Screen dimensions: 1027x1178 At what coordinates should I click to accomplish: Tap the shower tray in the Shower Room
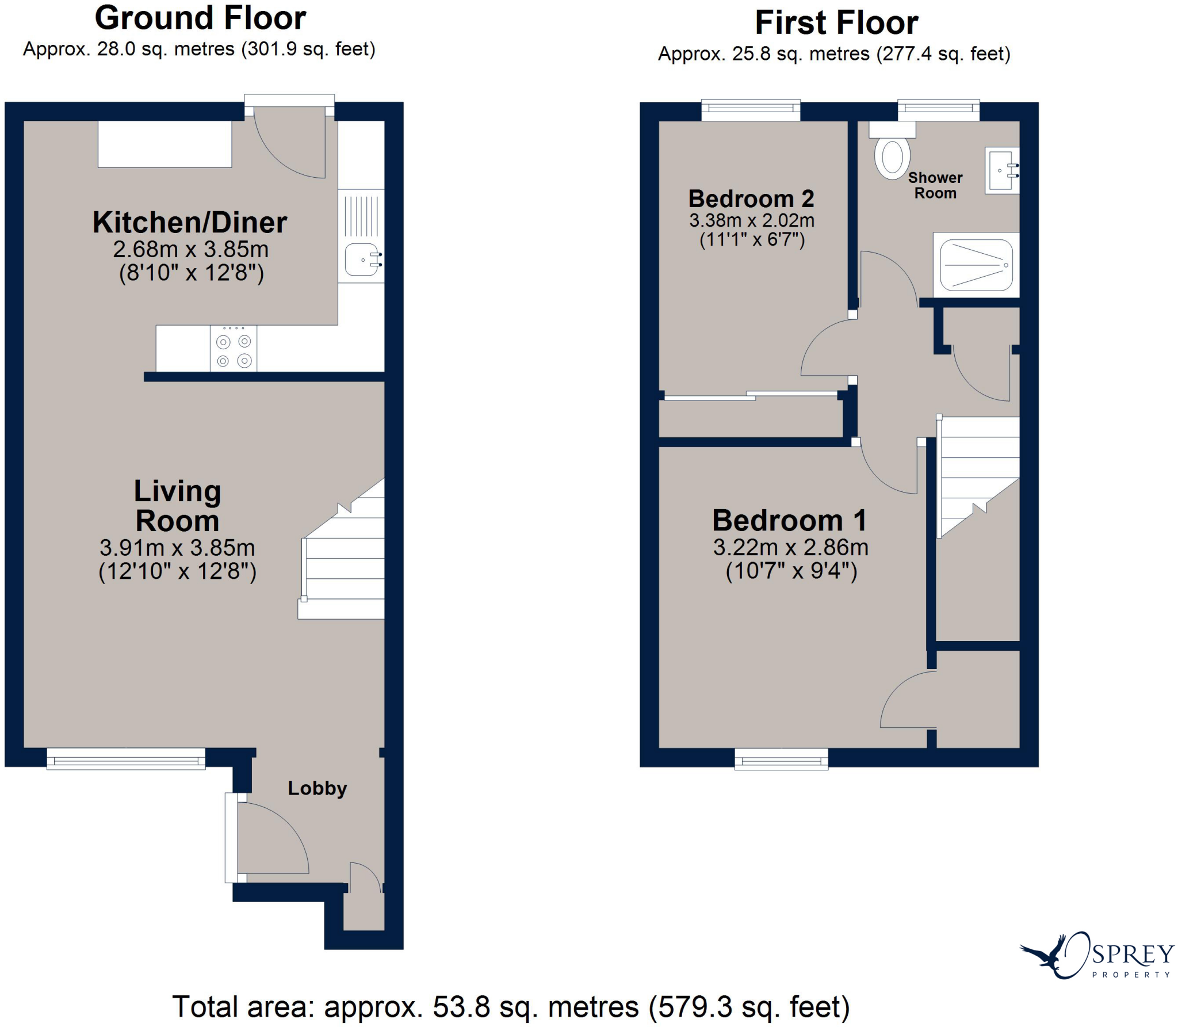point(976,265)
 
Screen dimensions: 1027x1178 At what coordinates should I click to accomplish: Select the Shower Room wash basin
point(1002,170)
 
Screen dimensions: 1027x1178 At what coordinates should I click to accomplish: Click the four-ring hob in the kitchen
point(234,350)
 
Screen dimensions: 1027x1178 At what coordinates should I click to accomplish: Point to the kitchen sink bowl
point(361,259)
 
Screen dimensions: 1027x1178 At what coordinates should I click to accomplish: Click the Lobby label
point(317,788)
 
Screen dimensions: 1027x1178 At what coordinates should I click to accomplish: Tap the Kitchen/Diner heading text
point(190,223)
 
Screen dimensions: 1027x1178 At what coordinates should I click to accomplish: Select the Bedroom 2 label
point(751,199)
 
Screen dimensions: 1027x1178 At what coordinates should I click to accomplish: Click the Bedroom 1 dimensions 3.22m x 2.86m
point(791,547)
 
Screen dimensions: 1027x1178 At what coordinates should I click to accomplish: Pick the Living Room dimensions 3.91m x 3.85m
point(177,547)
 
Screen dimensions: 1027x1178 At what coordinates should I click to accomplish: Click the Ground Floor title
point(200,18)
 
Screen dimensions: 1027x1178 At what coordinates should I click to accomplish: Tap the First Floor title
point(836,23)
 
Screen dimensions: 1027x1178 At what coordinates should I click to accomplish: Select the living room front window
point(126,758)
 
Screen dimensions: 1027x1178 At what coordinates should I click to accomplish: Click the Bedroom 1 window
point(781,759)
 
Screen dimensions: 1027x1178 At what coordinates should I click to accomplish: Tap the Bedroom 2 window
point(751,109)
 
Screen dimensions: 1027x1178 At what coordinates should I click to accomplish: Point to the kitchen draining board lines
point(361,216)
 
